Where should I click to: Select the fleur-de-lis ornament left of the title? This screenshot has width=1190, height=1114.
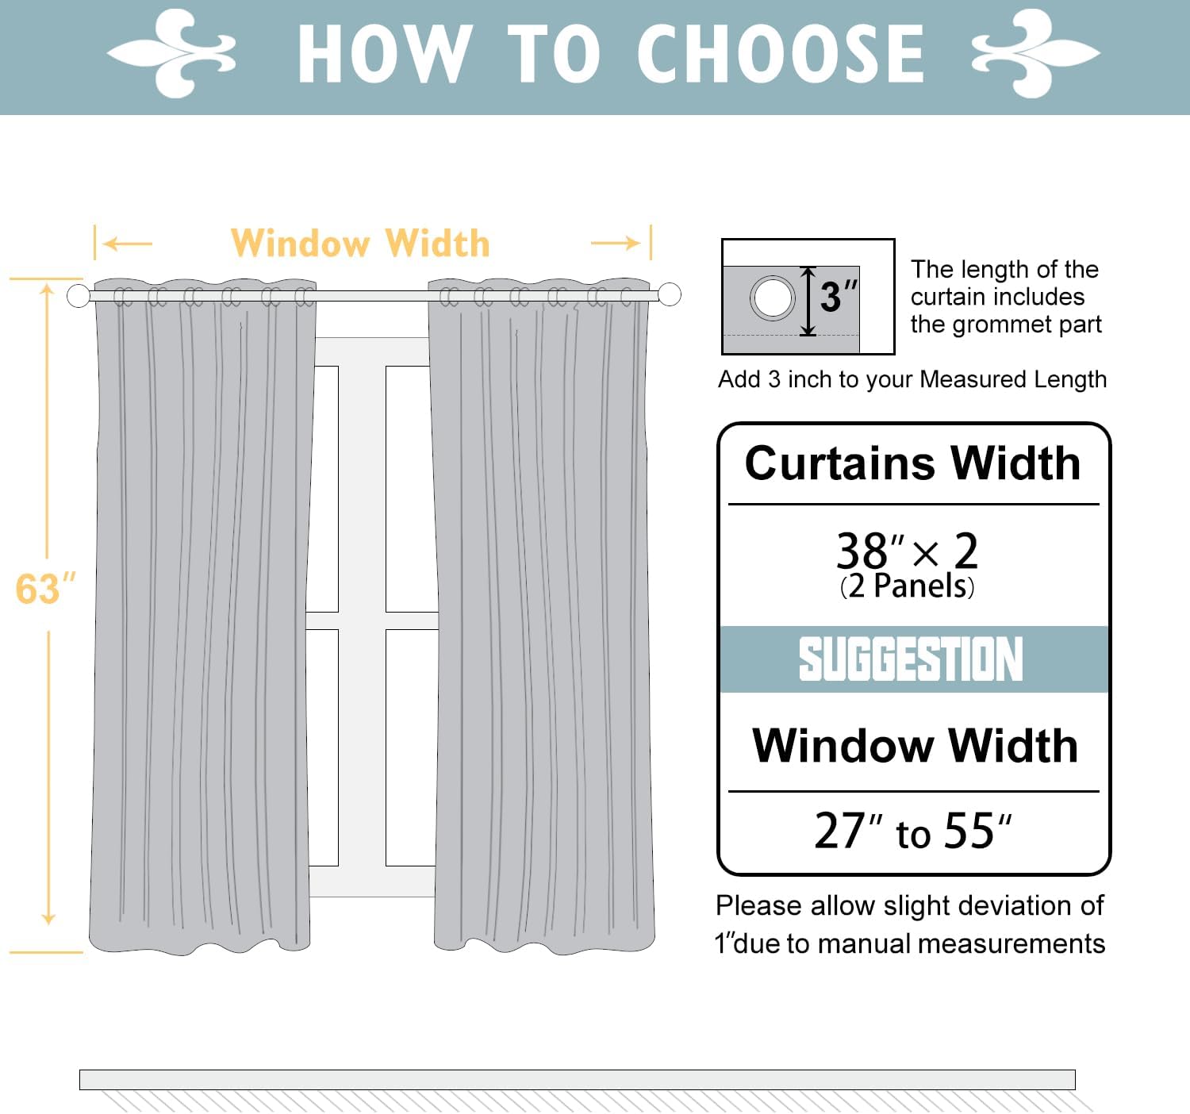171,53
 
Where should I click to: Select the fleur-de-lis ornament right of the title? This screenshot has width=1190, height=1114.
1036,53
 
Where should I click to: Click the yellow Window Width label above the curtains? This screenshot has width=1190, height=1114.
360,244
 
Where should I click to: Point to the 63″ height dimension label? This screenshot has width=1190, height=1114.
45,589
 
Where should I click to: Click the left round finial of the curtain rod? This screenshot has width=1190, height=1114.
79,296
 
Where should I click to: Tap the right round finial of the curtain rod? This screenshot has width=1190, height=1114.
670,294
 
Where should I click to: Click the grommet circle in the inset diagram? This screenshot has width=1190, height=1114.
773,298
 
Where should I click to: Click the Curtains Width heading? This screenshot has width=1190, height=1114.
912,463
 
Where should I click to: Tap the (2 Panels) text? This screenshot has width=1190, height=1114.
908,586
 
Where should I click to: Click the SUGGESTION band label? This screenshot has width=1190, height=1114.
911,659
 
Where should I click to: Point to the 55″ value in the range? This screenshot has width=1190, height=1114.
977,831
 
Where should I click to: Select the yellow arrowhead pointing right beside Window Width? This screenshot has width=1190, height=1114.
632,243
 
